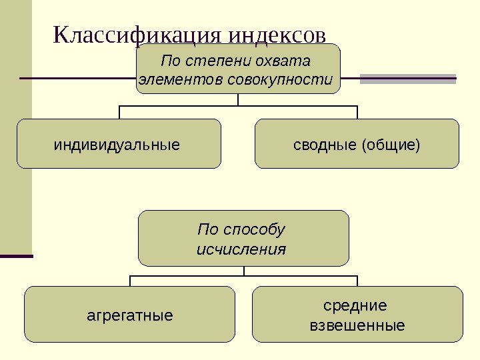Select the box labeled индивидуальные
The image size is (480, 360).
119,143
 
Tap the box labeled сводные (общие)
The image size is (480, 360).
357,143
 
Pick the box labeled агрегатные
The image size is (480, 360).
130,315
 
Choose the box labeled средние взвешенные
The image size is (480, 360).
358,315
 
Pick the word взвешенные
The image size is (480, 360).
358,326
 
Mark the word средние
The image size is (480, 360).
355,306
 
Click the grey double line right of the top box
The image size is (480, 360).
408,79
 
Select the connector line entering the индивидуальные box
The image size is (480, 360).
119,112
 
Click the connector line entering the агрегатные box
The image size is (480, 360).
130,281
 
